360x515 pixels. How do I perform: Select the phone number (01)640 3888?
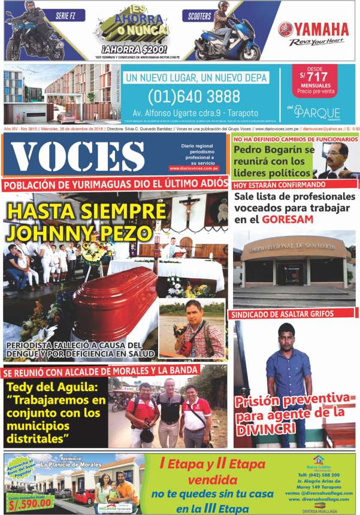pyautogui.click(x=194, y=96)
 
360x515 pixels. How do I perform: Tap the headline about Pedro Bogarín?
pyautogui.click(x=274, y=161)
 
